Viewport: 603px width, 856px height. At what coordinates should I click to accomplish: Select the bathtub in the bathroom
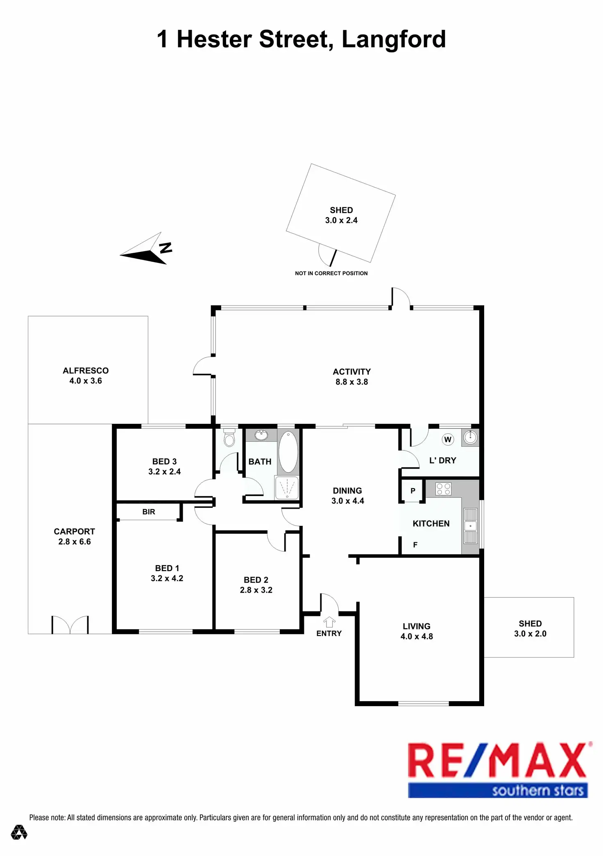coord(288,452)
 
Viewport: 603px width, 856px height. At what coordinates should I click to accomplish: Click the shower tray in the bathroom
coord(287,487)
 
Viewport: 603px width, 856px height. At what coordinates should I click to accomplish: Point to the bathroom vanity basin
coord(261,435)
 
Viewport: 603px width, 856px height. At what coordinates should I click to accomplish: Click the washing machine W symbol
coord(448,440)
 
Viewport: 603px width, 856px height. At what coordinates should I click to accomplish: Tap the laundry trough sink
coord(470,437)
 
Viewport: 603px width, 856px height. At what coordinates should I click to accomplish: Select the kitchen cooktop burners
coord(443,489)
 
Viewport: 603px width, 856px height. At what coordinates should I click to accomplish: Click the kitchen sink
coord(470,525)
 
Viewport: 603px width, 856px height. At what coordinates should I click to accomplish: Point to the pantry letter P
coord(413,491)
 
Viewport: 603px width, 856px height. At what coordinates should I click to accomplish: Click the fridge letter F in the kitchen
coord(415,545)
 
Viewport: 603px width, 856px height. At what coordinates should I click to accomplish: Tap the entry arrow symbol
coord(329,622)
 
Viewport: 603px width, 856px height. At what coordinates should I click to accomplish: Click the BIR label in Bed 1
coord(149,512)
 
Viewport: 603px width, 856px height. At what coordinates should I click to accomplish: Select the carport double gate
coord(70,625)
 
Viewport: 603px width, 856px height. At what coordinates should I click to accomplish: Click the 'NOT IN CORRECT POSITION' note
coord(331,273)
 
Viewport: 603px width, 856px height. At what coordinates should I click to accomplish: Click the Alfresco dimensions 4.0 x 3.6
coord(86,381)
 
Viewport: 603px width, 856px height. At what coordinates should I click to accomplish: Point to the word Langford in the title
coord(393,39)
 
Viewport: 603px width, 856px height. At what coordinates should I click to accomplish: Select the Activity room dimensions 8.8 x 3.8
coord(352,382)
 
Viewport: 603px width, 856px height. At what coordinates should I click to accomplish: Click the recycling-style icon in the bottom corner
coord(19,832)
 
